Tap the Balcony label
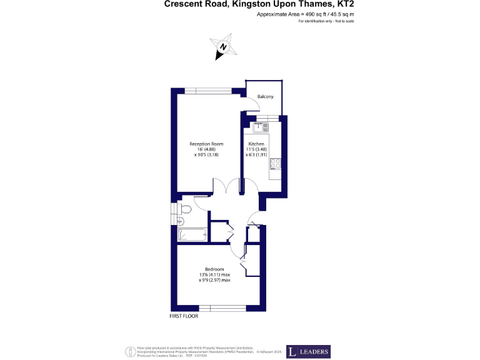(266, 96)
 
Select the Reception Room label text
(206, 144)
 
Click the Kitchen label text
(256, 144)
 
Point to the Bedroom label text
(214, 269)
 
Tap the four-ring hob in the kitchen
(274, 164)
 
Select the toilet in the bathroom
(184, 209)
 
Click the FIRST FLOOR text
(184, 317)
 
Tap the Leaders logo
(308, 352)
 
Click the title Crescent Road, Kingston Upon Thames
(262, 4)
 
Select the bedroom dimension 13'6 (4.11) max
(214, 275)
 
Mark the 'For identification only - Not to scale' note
(326, 21)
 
